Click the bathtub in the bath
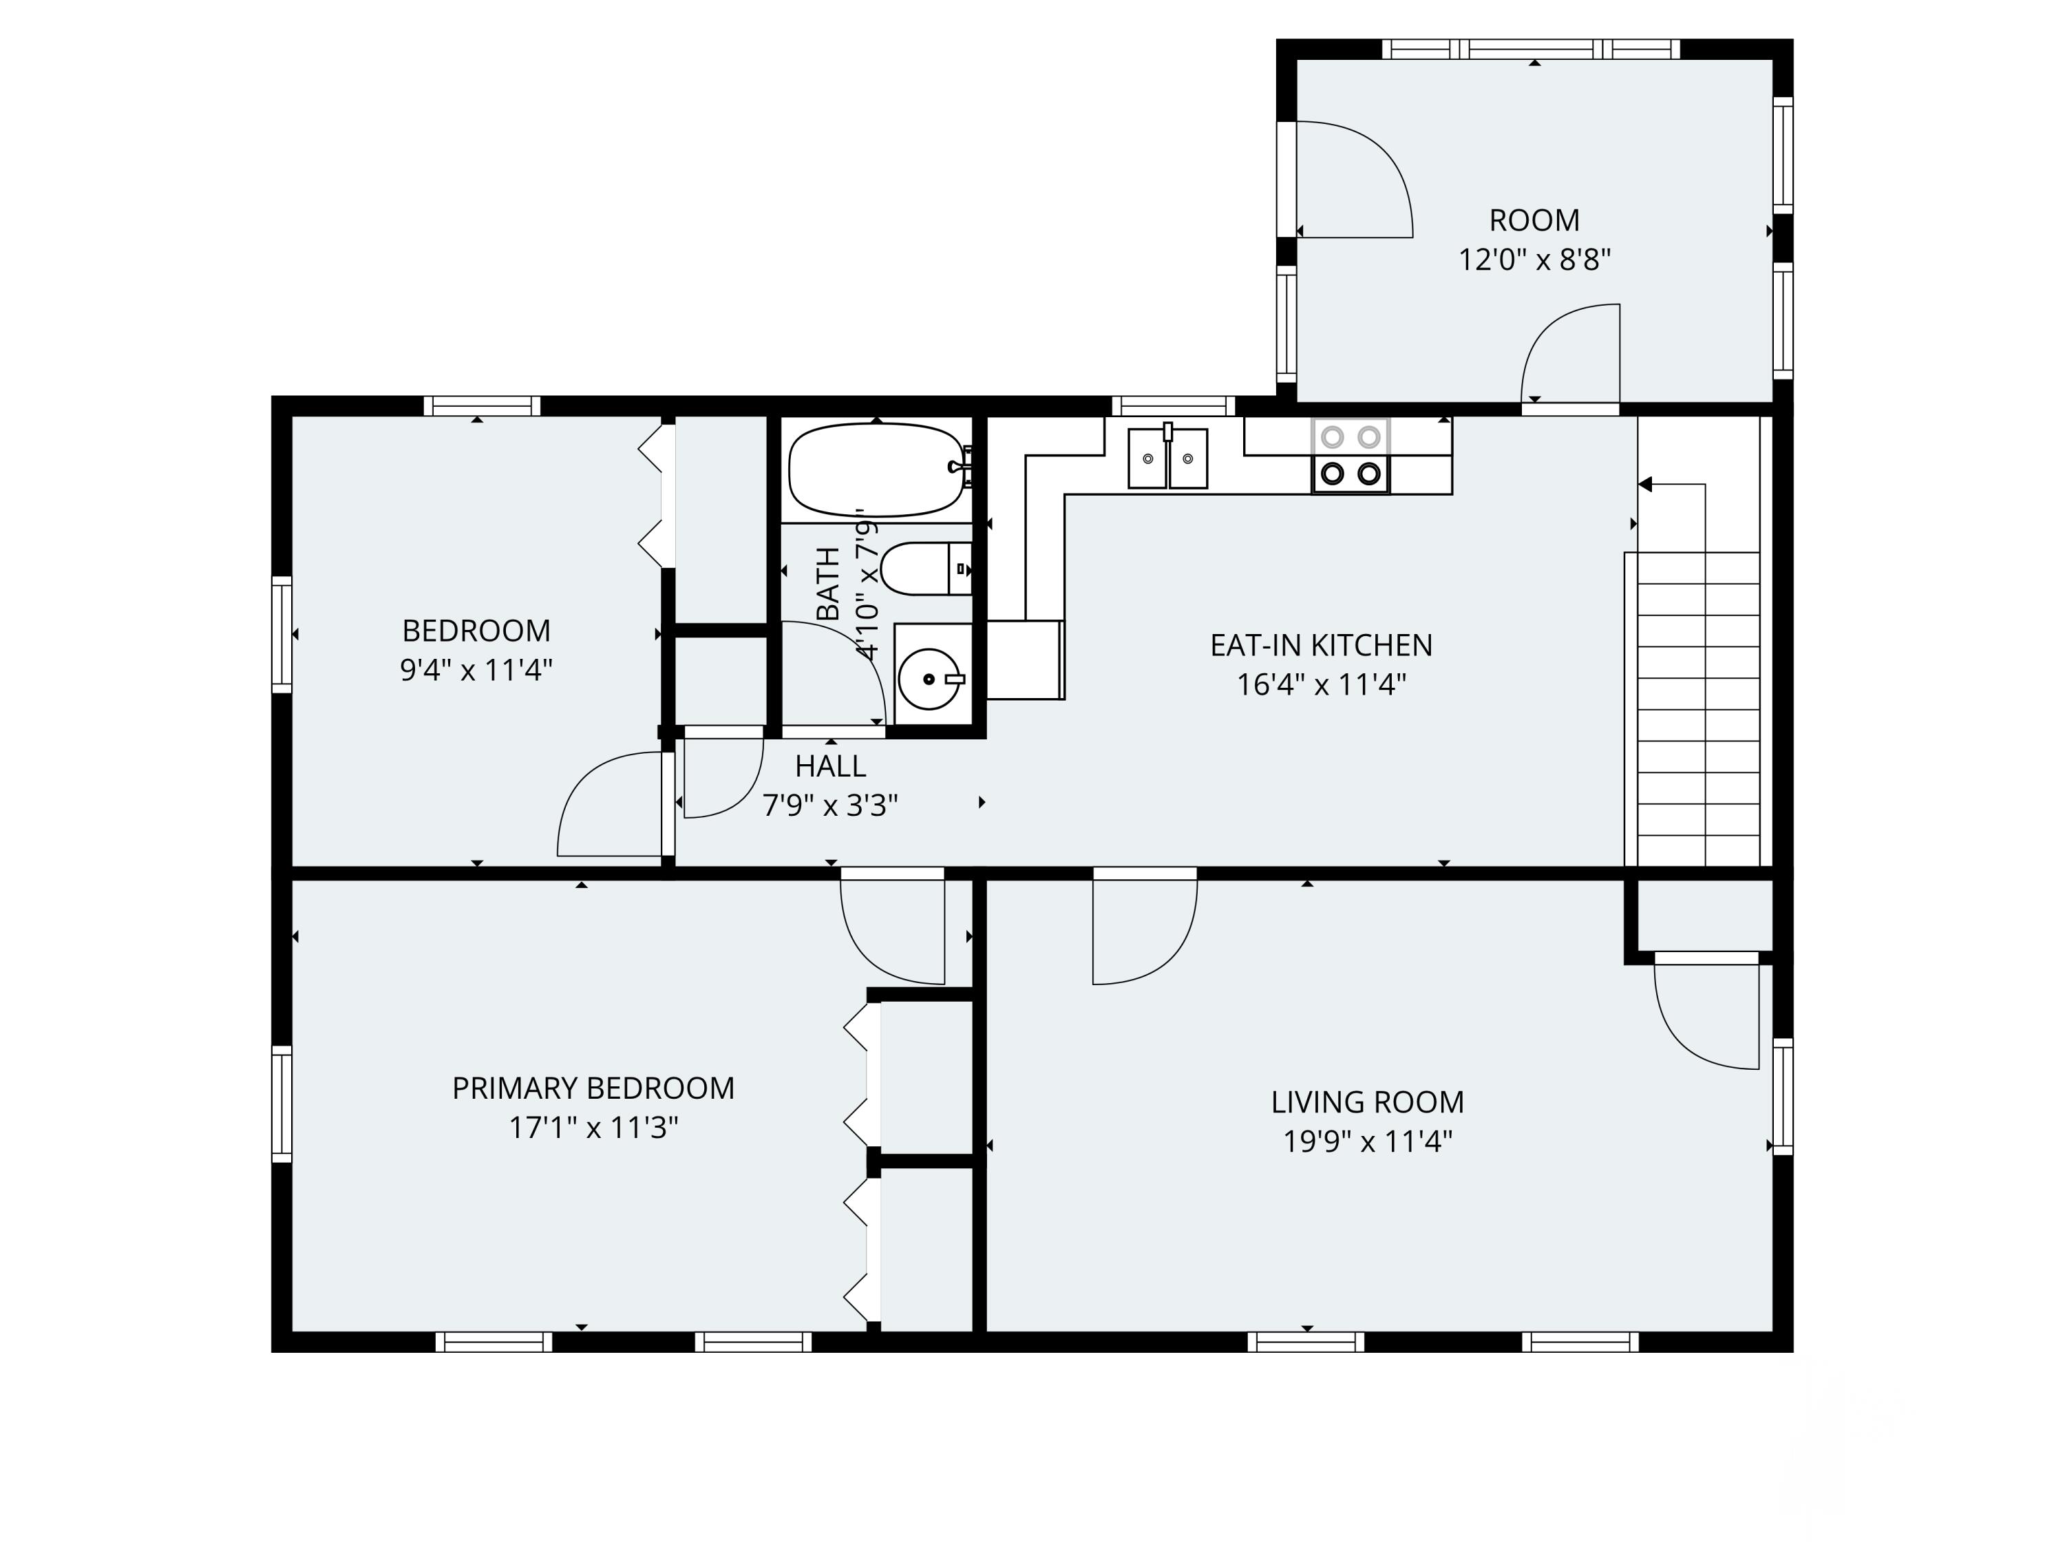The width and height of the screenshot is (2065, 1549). pos(876,470)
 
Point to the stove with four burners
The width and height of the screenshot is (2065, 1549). pos(1351,456)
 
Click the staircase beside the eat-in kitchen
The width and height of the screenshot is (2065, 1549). pos(1693,710)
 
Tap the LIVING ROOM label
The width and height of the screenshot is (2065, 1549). pos(1368,1102)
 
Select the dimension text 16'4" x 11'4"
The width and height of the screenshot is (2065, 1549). pos(1321,684)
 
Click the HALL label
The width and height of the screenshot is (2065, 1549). pos(830,766)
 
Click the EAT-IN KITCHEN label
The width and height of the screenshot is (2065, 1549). pos(1321,645)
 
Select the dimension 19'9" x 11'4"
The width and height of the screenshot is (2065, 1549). pos(1368,1141)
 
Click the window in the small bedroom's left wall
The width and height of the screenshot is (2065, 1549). pos(282,635)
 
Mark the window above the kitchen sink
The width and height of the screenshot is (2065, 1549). pos(1174,406)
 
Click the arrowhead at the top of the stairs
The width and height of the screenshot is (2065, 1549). pos(1645,484)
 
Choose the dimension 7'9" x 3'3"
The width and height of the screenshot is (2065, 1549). pos(830,805)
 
